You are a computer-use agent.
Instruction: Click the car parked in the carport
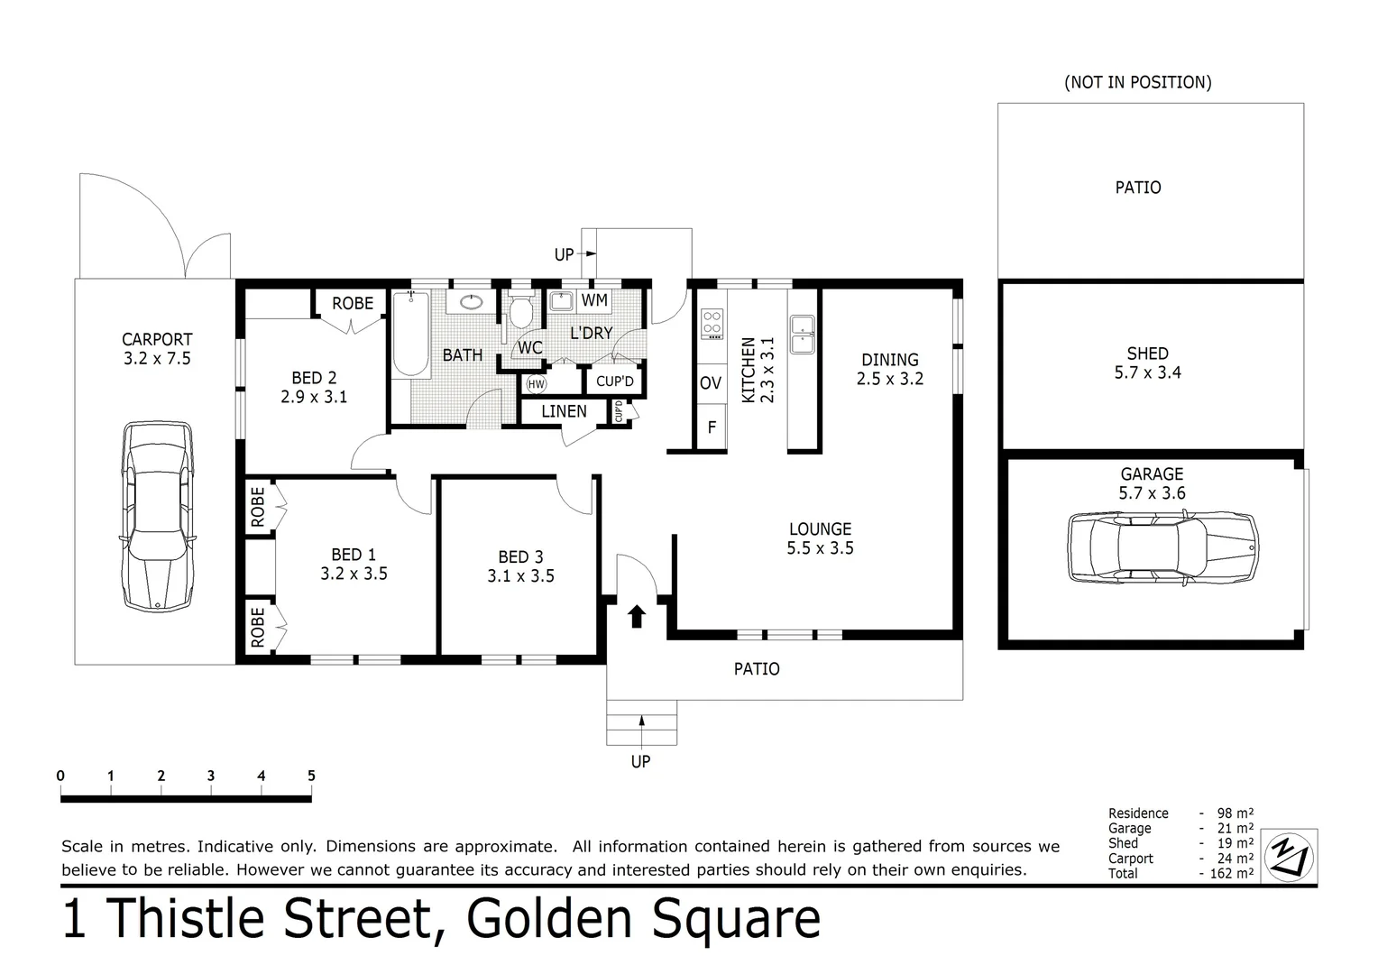[159, 517]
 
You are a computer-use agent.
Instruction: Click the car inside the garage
[1162, 547]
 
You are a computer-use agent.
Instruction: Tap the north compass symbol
[1290, 855]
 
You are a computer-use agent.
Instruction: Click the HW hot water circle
[537, 384]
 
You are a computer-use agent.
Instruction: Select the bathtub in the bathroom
[410, 334]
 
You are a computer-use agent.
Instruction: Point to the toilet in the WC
[520, 312]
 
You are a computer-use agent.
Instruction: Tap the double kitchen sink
[802, 335]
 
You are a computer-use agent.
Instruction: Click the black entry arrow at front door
[637, 616]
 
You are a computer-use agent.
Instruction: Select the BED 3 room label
[520, 557]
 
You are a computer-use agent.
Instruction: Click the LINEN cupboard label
[564, 411]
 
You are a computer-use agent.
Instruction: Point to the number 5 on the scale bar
[311, 776]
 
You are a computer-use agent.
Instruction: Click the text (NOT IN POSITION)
[1137, 82]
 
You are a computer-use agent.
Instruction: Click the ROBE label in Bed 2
[352, 303]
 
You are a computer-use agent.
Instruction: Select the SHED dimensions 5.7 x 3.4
[1147, 372]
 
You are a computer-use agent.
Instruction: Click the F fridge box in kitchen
[712, 427]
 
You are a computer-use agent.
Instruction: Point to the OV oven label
[711, 383]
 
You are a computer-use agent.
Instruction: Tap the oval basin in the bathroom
[470, 302]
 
